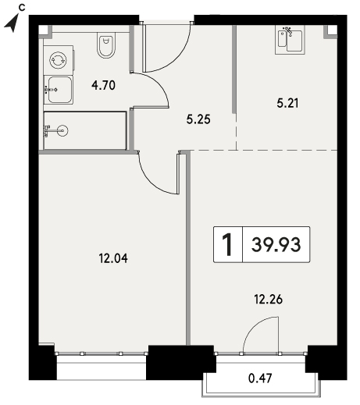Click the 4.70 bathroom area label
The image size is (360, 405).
[103, 85]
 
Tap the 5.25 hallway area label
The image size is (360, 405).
[198, 119]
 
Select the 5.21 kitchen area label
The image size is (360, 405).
[287, 103]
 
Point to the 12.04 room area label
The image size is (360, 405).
[113, 258]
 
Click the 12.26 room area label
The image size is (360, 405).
[269, 300]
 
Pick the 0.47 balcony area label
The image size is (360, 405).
[260, 378]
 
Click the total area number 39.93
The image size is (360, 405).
[276, 245]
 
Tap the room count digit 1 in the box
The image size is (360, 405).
[227, 244]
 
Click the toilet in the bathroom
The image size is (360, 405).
[106, 45]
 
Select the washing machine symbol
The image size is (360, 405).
[59, 60]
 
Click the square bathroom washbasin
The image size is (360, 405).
[59, 90]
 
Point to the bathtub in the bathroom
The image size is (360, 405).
[85, 130]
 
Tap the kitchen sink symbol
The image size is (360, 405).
[290, 41]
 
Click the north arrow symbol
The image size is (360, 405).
[12, 24]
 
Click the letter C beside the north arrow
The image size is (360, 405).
[22, 8]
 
